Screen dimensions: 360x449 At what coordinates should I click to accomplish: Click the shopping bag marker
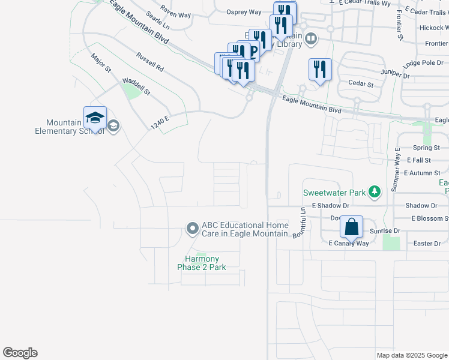[x=351, y=227]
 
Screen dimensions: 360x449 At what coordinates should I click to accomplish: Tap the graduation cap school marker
[x=95, y=118]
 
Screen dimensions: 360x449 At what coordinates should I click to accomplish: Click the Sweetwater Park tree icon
[x=375, y=191]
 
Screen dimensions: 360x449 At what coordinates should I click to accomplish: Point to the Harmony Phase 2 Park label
[x=201, y=263]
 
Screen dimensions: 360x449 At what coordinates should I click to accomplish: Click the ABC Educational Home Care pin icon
[x=192, y=228]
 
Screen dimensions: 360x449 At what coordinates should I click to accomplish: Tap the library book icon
[x=311, y=40]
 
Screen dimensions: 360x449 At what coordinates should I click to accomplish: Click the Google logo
[x=20, y=353]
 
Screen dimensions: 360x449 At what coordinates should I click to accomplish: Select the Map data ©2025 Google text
[x=411, y=355]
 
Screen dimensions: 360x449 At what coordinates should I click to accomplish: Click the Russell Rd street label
[x=150, y=62]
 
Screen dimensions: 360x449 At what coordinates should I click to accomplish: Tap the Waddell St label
[x=136, y=86]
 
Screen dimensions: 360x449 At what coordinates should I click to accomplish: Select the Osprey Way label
[x=244, y=12]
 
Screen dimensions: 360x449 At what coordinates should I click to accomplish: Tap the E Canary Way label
[x=348, y=243]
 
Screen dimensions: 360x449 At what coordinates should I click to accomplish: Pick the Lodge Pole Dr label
[x=424, y=63]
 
